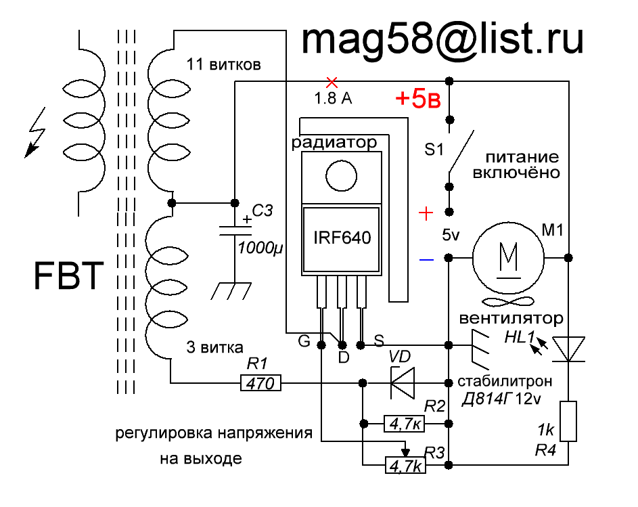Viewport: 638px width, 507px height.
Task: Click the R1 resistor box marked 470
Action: (x=260, y=383)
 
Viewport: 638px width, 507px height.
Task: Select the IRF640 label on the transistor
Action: (x=342, y=238)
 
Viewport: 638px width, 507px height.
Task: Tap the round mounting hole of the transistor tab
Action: (x=342, y=176)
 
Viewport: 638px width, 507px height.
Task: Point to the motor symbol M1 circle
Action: (x=508, y=257)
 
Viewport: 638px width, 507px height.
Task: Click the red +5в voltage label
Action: (x=418, y=99)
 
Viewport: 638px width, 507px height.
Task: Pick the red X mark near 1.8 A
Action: (x=332, y=83)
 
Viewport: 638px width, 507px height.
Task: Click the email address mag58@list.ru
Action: (x=442, y=39)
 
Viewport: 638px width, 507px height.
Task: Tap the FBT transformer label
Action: (x=68, y=275)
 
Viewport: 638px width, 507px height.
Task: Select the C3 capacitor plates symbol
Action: (x=235, y=231)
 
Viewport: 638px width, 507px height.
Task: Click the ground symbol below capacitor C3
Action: (x=231, y=291)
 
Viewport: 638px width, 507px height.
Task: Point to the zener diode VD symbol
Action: (x=403, y=383)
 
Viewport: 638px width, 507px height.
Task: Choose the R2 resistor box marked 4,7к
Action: (x=405, y=424)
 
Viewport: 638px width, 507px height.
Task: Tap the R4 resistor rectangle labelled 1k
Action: (x=568, y=421)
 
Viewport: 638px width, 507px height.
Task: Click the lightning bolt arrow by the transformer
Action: (x=35, y=133)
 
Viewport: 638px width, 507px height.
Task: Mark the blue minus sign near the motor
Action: (x=426, y=259)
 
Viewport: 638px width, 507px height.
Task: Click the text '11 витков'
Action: (x=223, y=64)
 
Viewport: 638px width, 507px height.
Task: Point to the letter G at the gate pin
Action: (x=304, y=340)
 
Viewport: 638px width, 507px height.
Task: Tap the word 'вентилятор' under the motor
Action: (x=511, y=318)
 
